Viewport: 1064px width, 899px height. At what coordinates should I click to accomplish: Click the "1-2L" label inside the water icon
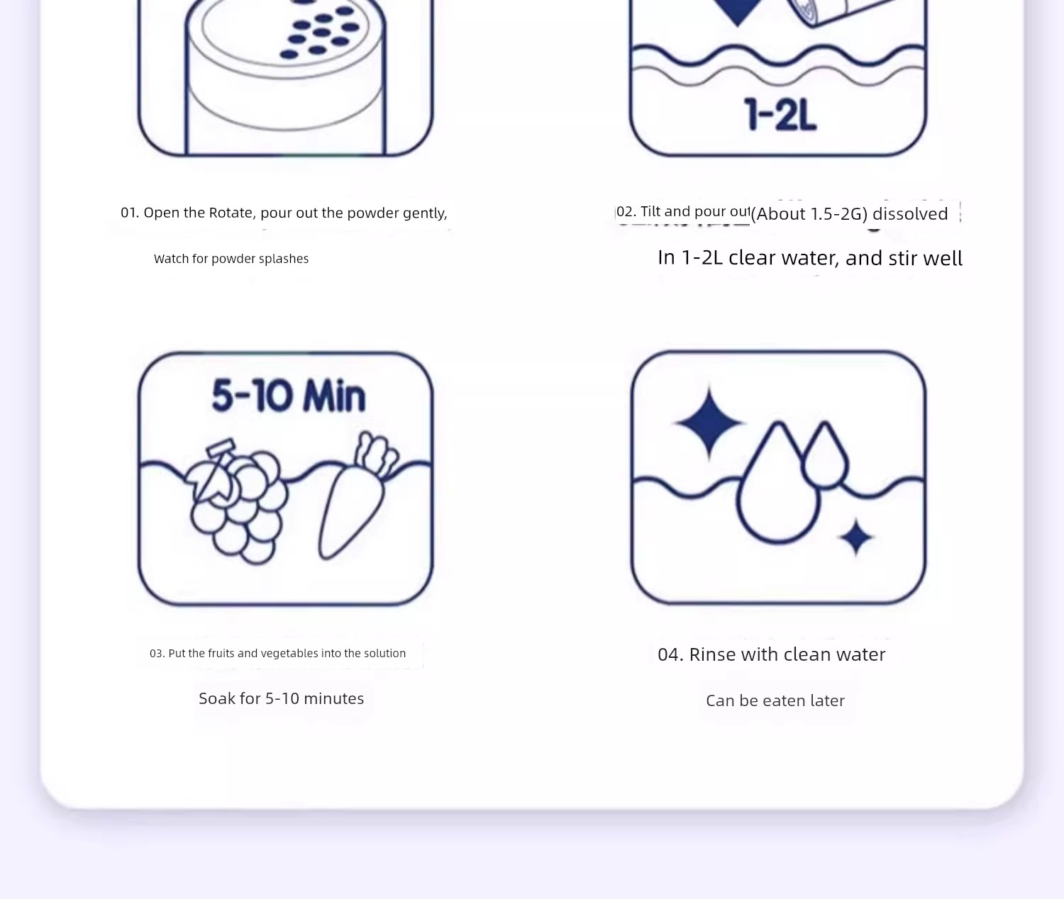[x=780, y=114]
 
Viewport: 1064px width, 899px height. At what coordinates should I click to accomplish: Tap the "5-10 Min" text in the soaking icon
[x=289, y=396]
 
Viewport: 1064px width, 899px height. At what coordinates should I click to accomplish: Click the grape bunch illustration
[x=238, y=502]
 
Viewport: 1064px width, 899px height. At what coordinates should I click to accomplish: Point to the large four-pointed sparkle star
[x=709, y=423]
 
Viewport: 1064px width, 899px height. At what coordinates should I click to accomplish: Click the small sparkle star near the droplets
[x=856, y=537]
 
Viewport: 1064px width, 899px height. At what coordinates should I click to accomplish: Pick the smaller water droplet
[x=825, y=455]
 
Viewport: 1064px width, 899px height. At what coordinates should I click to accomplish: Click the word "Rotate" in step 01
[x=232, y=213]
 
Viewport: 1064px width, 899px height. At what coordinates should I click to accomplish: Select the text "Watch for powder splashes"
[x=231, y=258]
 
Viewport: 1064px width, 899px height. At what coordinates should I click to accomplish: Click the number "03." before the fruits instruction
[x=157, y=654]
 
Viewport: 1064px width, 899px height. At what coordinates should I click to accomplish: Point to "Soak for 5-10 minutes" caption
[x=281, y=698]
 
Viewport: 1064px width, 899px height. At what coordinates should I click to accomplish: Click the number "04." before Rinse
[x=671, y=654]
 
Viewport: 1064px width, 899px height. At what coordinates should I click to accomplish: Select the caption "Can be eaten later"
[x=775, y=700]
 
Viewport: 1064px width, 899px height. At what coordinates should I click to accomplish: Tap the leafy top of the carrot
[x=376, y=454]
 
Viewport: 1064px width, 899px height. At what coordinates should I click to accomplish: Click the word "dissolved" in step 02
[x=910, y=213]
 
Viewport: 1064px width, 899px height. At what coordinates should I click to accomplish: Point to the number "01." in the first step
[x=130, y=213]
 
